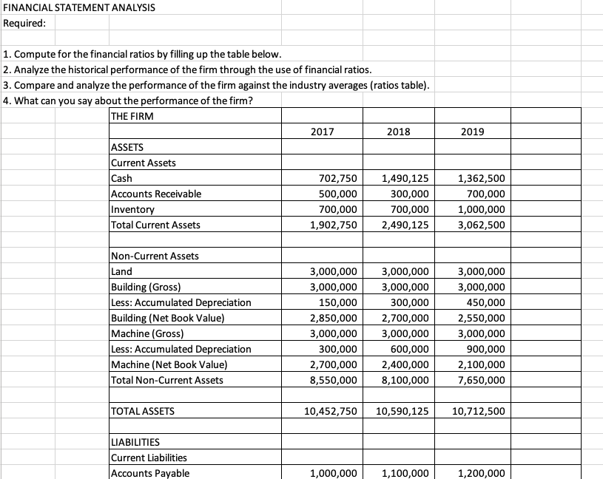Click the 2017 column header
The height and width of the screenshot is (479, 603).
(323, 132)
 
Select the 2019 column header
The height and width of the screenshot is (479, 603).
(472, 132)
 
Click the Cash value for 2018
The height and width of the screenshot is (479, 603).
(406, 178)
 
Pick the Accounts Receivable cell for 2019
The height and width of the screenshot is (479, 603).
(483, 194)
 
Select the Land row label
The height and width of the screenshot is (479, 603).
(121, 271)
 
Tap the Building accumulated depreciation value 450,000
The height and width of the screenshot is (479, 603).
(486, 302)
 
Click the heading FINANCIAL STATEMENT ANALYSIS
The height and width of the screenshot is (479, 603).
(68, 7)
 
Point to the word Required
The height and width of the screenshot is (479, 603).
(24, 22)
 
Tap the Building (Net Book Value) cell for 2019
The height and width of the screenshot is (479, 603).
(483, 318)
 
